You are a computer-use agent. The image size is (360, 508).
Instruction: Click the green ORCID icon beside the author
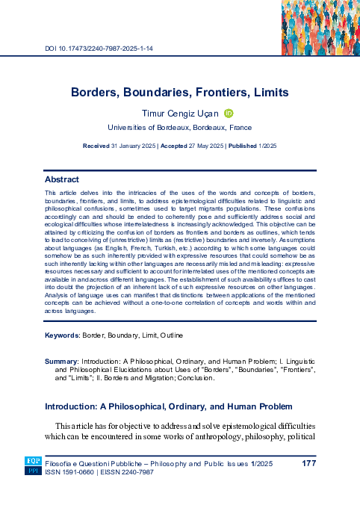point(229,113)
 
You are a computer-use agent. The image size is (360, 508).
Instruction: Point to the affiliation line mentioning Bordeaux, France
point(180,128)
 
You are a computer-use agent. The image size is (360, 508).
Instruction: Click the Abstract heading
point(62,180)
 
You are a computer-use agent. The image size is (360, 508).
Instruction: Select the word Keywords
point(63,356)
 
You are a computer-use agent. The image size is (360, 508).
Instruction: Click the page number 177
point(309,465)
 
